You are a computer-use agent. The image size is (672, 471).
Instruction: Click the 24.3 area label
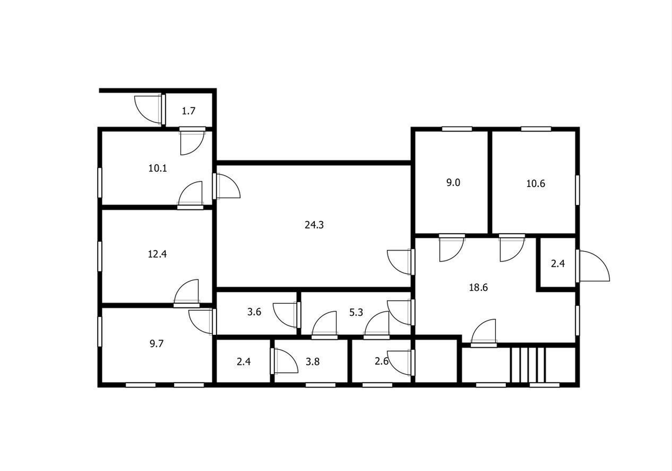pos(314,224)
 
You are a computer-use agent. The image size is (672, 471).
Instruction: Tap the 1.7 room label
pos(189,111)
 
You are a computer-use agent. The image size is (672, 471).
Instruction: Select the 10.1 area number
pos(157,168)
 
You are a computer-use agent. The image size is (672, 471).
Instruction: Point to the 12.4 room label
pos(157,254)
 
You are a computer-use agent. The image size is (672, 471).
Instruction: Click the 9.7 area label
pos(156,344)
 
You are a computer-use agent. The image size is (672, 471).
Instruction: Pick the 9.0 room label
pos(453,183)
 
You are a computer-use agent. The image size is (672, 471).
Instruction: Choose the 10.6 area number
pos(536,183)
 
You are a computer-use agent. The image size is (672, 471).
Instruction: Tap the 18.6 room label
pos(478,288)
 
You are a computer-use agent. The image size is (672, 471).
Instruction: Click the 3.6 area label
pos(254,312)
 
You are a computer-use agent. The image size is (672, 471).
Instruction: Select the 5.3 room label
pos(356,313)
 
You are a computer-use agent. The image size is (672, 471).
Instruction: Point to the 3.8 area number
pos(313,362)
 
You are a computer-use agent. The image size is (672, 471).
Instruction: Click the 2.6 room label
pos(381,361)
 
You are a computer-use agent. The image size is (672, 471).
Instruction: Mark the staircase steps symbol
pos(528,365)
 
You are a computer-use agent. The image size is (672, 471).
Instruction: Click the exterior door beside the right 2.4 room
pos(593,266)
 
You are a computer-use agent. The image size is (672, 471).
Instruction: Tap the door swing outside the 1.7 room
pos(149,109)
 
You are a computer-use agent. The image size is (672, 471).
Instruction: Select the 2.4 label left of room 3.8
pos(243,362)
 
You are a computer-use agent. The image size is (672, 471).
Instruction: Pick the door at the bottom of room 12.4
pos(187,293)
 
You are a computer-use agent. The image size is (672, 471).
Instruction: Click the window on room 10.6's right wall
pos(577,190)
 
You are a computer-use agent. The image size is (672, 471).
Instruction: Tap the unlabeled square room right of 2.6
pos(436,361)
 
